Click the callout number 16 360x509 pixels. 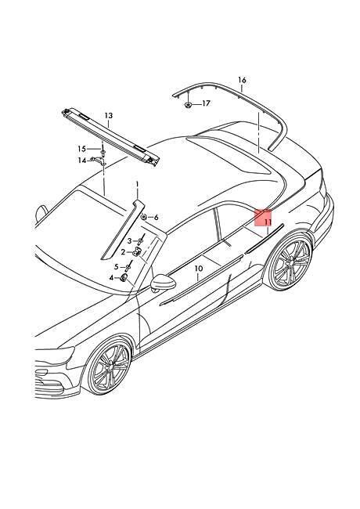[242, 80]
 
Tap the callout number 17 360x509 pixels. [206, 103]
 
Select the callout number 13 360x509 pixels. [108, 116]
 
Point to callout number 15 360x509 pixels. [81, 149]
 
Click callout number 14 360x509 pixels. [81, 161]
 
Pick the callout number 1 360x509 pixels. [137, 184]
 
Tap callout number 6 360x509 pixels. [156, 218]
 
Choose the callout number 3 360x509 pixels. [129, 241]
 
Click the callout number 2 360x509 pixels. [123, 252]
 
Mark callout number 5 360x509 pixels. [117, 267]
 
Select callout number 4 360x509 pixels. [112, 278]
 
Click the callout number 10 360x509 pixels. [199, 269]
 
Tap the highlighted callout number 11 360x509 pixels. [267, 222]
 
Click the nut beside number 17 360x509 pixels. [188, 104]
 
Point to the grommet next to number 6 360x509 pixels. [143, 216]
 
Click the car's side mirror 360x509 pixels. [163, 283]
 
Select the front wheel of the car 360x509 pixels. [108, 367]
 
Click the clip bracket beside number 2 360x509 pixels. [139, 251]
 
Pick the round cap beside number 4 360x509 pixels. [124, 278]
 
